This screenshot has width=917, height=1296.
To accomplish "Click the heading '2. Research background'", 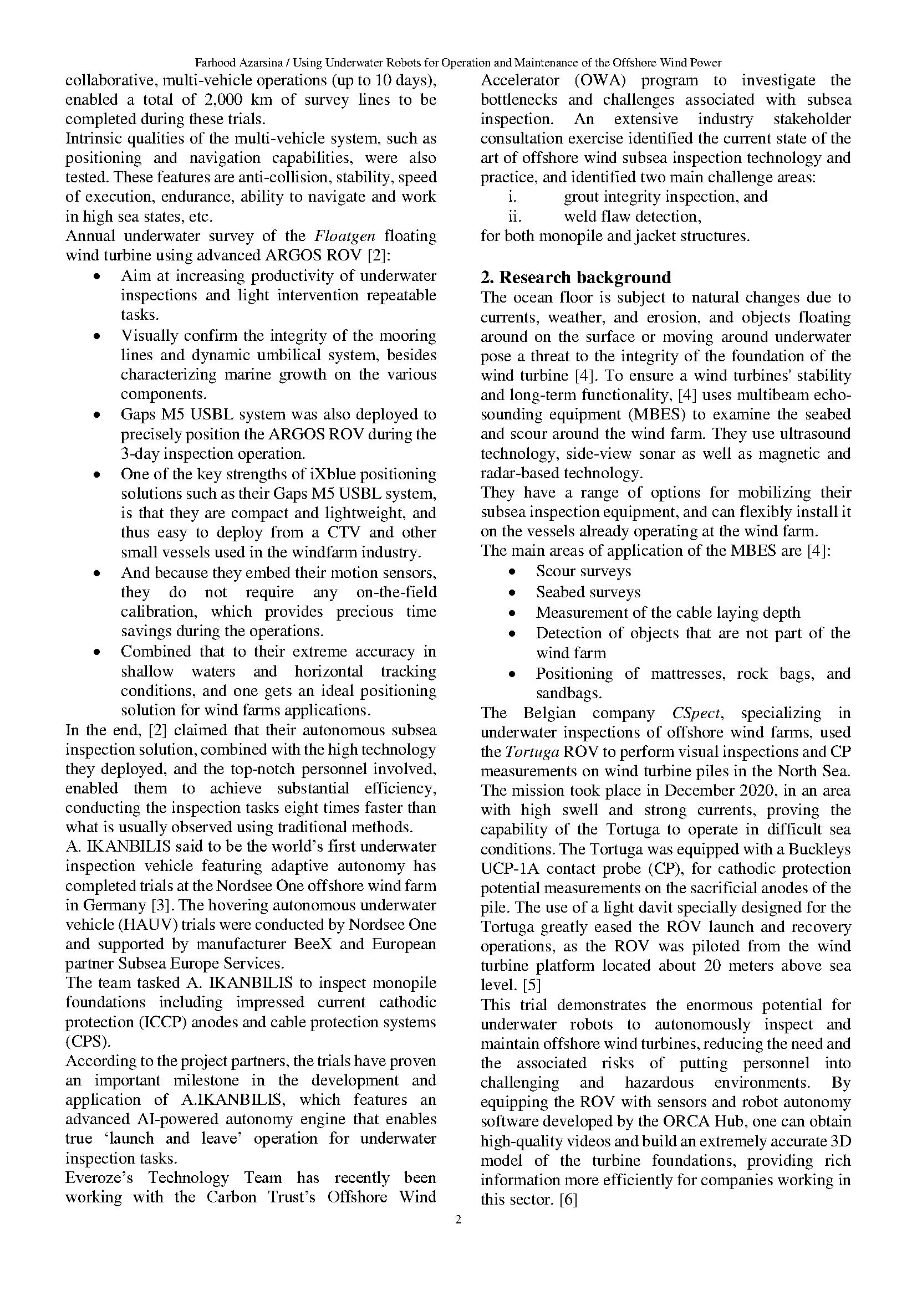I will pos(575,278).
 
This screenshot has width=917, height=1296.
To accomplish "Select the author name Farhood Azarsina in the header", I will pos(239,63).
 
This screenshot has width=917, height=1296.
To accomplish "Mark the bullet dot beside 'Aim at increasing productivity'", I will pos(97,276).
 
